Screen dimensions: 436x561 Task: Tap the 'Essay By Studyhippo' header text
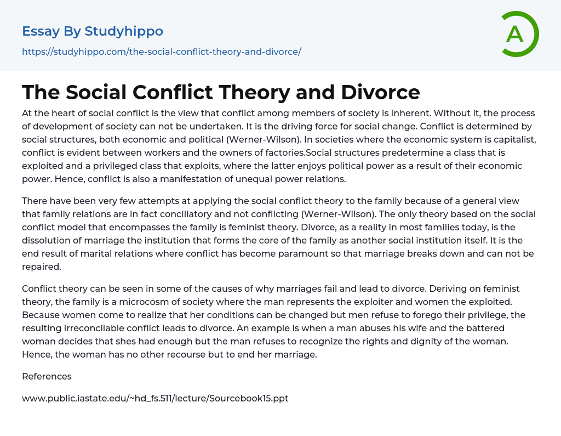click(x=93, y=31)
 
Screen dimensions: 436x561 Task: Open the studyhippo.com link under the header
click(x=162, y=52)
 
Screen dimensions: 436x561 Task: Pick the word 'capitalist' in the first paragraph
click(x=511, y=139)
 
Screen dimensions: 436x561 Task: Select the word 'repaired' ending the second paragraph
click(x=41, y=267)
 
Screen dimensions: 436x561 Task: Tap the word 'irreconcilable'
click(x=99, y=328)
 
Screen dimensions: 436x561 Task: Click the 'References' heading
click(x=47, y=376)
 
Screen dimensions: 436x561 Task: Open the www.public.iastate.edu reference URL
click(x=155, y=398)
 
